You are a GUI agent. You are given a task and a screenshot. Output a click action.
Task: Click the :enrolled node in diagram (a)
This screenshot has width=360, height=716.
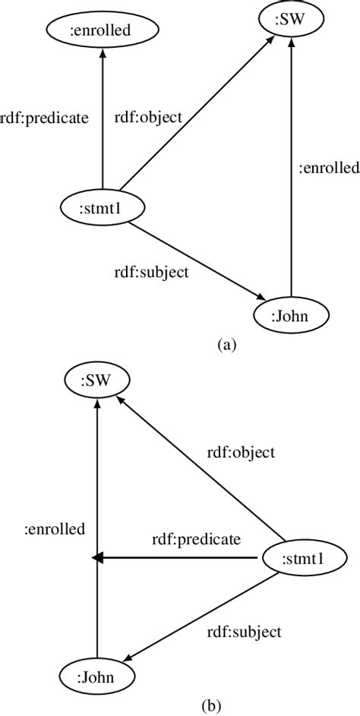101,30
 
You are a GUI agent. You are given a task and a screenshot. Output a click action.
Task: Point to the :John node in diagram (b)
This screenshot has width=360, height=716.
97,675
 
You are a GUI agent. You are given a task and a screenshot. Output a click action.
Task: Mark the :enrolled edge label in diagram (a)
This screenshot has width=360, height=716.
327,170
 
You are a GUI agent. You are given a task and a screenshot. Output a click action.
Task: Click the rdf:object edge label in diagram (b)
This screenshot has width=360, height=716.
241,453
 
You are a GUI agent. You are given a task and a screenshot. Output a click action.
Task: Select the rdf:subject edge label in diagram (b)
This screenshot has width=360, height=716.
244,632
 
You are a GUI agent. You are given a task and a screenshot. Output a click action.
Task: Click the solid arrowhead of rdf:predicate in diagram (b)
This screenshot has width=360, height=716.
98,559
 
